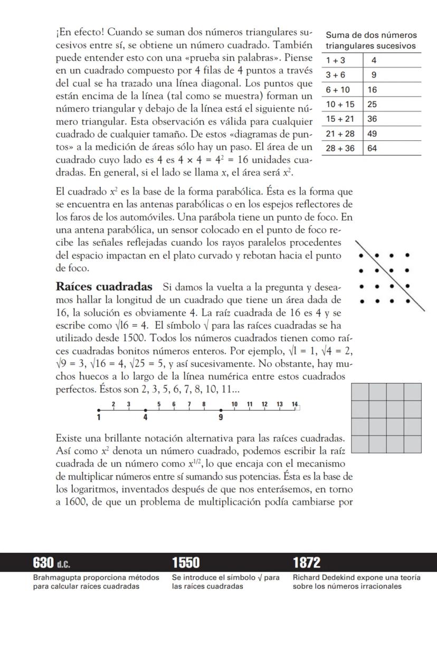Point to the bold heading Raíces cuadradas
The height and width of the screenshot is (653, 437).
(x=104, y=287)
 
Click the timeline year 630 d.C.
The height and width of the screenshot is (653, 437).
(x=52, y=562)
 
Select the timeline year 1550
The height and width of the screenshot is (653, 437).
(x=186, y=562)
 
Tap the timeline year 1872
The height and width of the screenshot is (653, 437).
(x=307, y=562)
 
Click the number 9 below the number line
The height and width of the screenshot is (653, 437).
(x=221, y=418)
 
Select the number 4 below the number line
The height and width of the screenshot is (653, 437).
(x=145, y=418)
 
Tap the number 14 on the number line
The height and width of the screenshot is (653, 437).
(x=294, y=404)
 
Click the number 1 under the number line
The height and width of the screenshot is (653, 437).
(x=99, y=418)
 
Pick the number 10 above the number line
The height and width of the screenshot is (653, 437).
(x=234, y=404)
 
